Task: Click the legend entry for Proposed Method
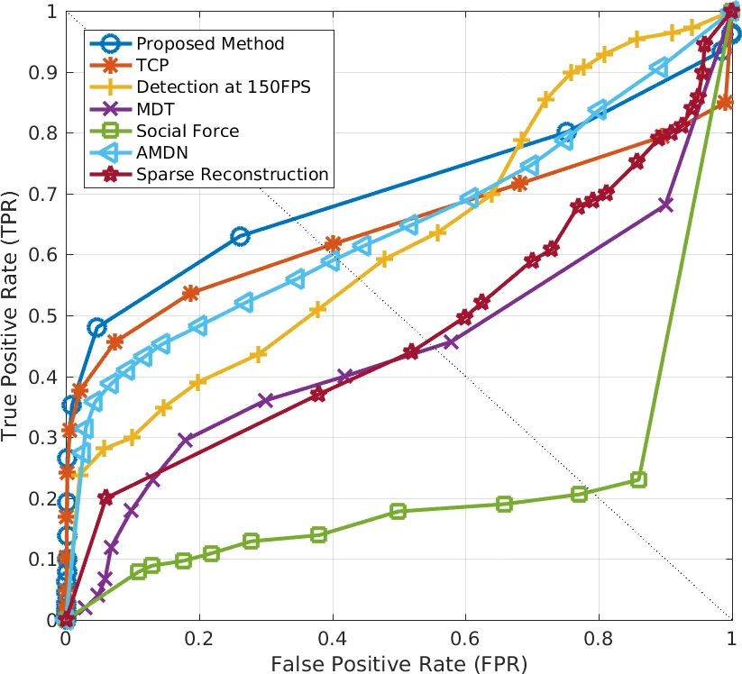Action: [x=210, y=43]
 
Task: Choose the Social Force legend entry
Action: [x=188, y=131]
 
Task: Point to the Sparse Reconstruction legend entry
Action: [x=233, y=174]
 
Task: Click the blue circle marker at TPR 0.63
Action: [x=240, y=236]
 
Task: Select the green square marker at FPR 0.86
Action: [x=638, y=479]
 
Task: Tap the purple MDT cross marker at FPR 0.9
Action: [x=665, y=205]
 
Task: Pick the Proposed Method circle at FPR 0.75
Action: [x=565, y=132]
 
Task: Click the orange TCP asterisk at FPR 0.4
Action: [x=332, y=243]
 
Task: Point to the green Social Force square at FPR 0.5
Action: [x=398, y=511]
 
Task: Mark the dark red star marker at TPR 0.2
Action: [x=105, y=497]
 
